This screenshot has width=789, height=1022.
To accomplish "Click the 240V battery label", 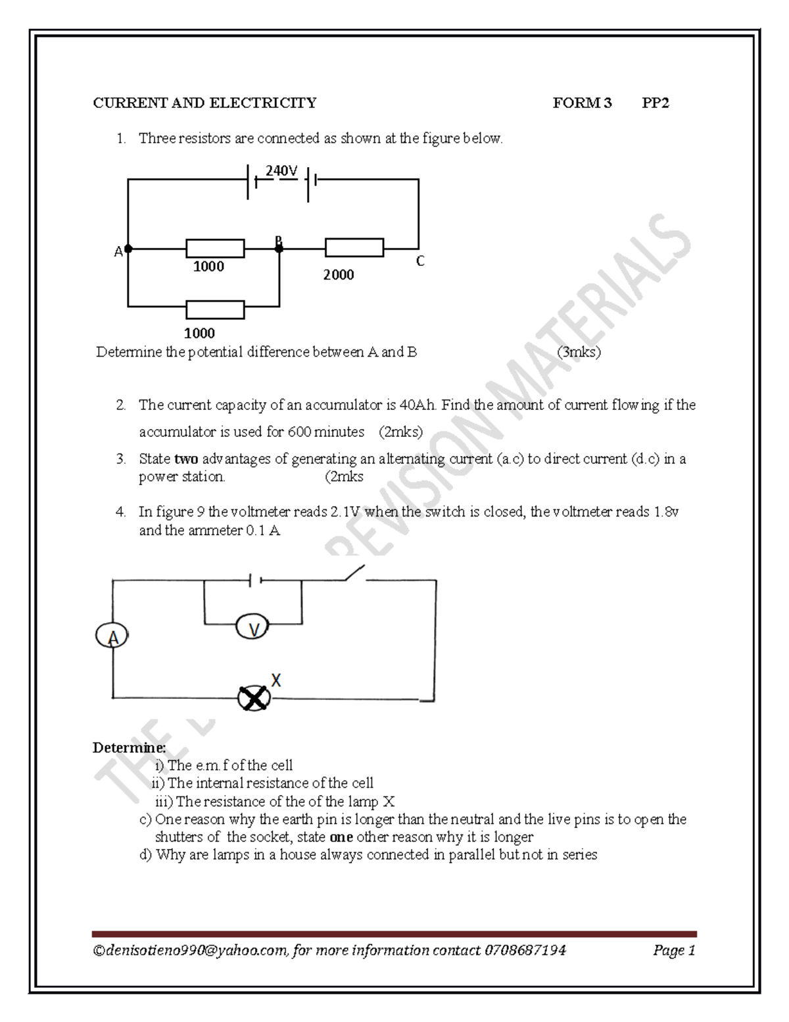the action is [x=281, y=171].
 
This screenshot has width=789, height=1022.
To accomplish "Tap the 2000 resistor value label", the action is [x=338, y=275].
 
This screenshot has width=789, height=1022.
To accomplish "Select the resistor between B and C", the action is [x=354, y=248].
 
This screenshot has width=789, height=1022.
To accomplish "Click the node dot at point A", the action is [x=128, y=249].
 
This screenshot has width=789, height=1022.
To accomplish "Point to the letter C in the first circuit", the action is [x=420, y=261].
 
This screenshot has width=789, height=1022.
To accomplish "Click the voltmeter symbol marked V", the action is [x=252, y=628].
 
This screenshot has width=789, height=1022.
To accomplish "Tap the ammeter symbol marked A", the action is [x=112, y=636].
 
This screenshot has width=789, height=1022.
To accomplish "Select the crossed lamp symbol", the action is [x=253, y=698].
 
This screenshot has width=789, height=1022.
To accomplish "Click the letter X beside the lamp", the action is [x=276, y=680].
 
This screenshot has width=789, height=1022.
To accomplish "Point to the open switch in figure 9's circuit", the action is [x=354, y=573].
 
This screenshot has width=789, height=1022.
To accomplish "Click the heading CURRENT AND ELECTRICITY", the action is [x=204, y=103].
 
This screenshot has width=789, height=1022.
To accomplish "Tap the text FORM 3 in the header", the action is [x=582, y=103].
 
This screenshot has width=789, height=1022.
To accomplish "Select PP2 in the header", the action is [x=656, y=103].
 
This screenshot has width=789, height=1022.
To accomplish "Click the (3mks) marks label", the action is [x=579, y=352].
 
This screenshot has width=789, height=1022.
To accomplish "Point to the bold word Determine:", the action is [x=129, y=748].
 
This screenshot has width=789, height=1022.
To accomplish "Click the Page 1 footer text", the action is [x=674, y=950].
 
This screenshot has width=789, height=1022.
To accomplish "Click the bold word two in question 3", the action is [x=186, y=459].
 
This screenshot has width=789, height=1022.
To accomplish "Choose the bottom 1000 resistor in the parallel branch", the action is [x=215, y=309].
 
